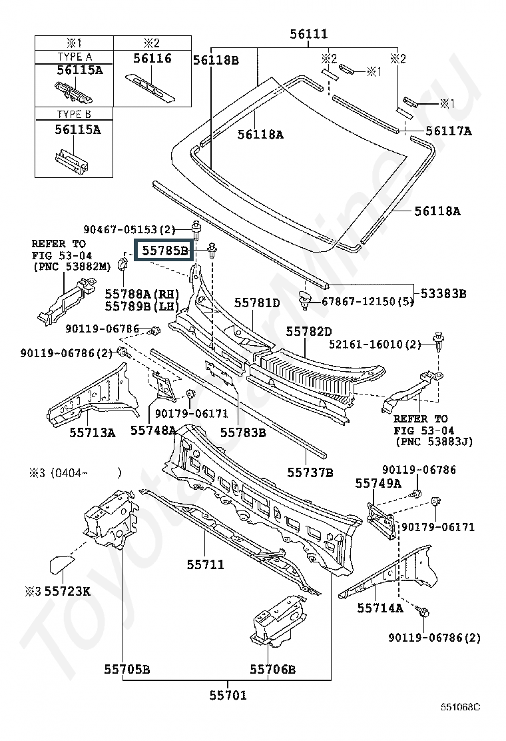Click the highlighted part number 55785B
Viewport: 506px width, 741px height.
pyautogui.click(x=164, y=250)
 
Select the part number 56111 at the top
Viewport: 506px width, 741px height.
pyautogui.click(x=308, y=33)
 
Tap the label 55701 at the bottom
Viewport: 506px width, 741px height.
pyautogui.click(x=228, y=694)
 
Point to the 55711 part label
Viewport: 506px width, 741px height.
pyautogui.click(x=205, y=564)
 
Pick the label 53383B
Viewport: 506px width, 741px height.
pyautogui.click(x=443, y=293)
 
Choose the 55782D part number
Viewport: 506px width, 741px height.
pyautogui.click(x=309, y=331)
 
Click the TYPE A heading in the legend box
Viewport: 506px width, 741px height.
pyautogui.click(x=75, y=57)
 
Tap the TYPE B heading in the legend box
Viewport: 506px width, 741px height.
pyautogui.click(x=74, y=114)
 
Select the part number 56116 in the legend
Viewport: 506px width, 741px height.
pyautogui.click(x=152, y=58)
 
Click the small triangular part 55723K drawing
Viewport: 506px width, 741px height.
pyautogui.click(x=61, y=564)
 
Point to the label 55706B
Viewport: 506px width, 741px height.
pyautogui.click(x=273, y=668)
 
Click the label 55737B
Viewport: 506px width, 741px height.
pyautogui.click(x=310, y=472)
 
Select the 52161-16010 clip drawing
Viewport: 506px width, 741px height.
pyautogui.click(x=439, y=342)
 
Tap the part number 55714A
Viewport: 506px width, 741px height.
pyautogui.click(x=380, y=608)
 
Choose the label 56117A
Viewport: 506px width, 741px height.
pyautogui.click(x=449, y=131)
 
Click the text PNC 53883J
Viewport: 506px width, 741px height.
pyautogui.click(x=434, y=441)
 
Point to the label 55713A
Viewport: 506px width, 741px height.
pyautogui.click(x=93, y=432)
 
